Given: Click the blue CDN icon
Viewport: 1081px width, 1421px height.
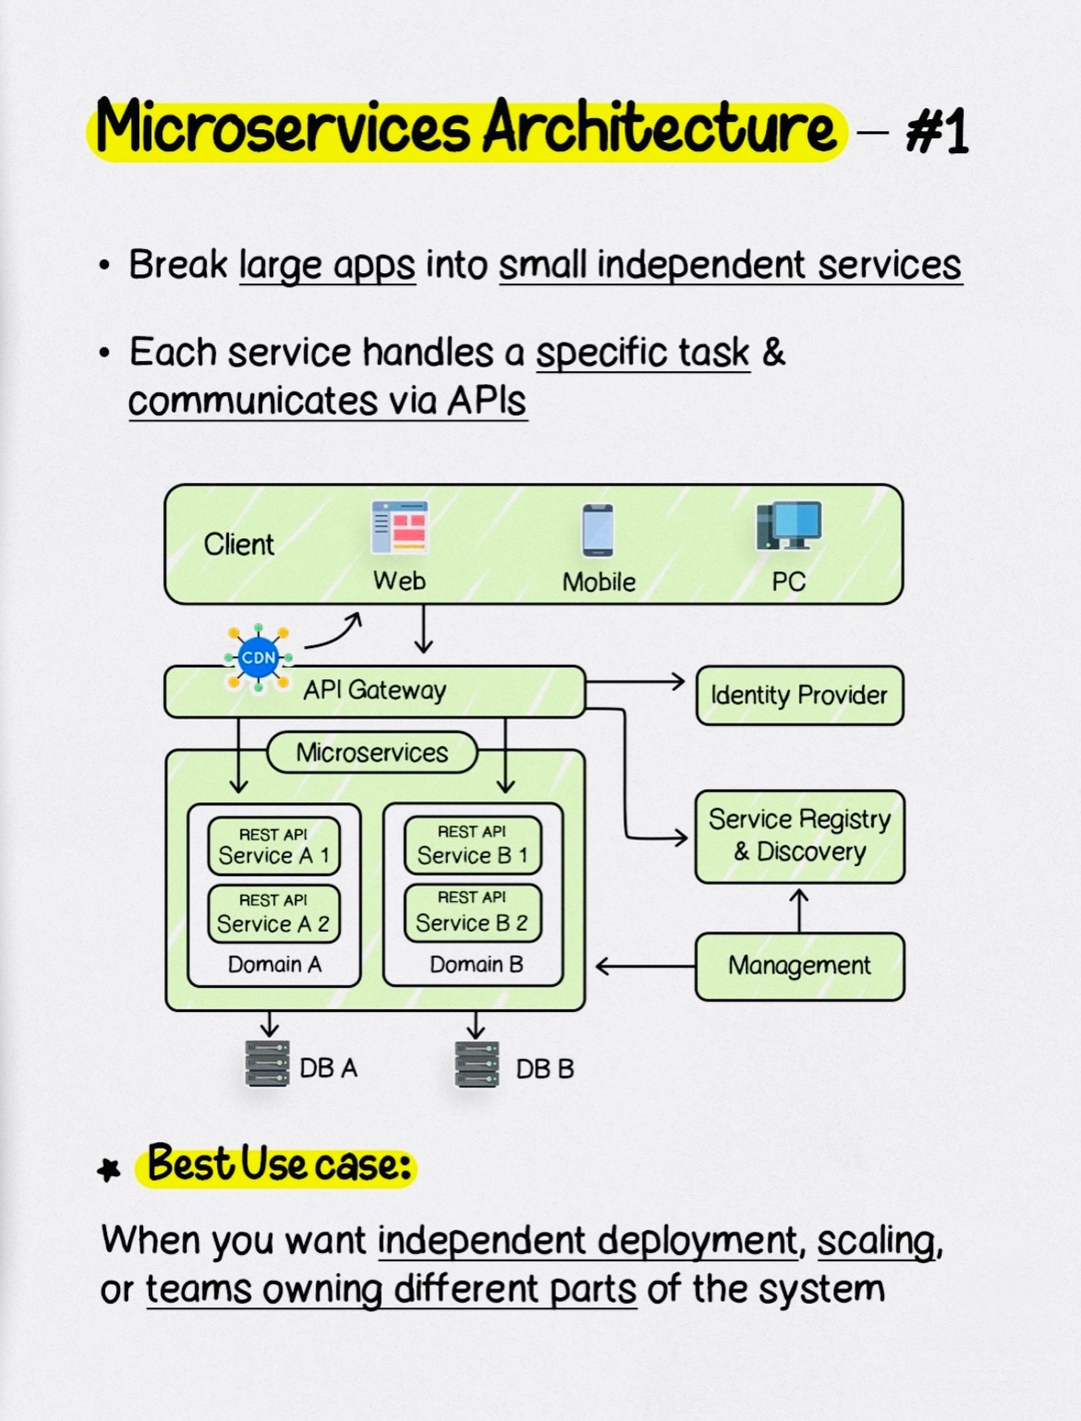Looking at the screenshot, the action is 259,657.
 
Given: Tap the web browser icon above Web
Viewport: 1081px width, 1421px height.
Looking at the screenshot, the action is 400,527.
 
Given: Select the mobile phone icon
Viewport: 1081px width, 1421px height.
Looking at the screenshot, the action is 598,530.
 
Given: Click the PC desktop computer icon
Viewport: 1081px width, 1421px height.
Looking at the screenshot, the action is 789,525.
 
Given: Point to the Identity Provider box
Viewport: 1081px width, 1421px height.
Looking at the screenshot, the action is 800,695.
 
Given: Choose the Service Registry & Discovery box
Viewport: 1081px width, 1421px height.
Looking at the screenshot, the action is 800,836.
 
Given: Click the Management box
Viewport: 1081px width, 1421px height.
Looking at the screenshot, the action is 800,966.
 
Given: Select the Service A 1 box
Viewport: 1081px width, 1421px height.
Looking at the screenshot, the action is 274,846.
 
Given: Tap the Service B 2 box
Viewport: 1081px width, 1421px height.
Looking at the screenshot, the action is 472,913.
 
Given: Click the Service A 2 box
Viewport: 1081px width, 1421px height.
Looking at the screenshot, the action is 274,913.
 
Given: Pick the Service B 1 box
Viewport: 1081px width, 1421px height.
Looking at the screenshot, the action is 472,845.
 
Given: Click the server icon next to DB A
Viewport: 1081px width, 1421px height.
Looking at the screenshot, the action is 268,1063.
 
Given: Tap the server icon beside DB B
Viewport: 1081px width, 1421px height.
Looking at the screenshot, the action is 477,1063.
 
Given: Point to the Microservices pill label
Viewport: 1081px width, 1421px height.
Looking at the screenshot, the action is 372,753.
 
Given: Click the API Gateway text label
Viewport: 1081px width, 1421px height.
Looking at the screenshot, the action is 375,690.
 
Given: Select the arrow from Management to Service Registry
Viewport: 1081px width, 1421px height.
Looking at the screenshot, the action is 800,909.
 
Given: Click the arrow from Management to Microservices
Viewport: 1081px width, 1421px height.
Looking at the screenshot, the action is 645,966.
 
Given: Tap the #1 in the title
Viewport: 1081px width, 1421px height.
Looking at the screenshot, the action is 937,132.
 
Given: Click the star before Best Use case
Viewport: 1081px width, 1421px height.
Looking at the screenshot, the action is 109,1170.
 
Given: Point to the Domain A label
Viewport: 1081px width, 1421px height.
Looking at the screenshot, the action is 274,964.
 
